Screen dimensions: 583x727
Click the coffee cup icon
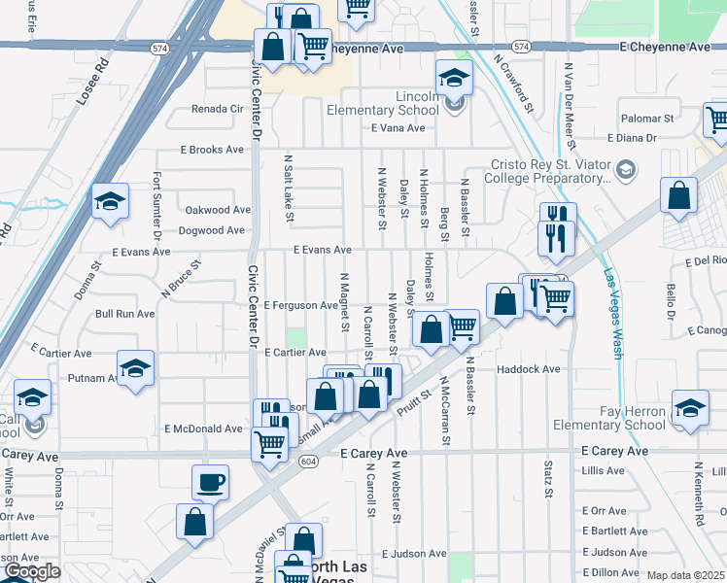point(211,481)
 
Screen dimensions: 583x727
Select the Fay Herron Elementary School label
point(609,418)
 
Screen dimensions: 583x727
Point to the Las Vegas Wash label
point(612,313)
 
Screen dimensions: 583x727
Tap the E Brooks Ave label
point(212,150)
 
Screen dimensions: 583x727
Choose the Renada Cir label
point(217,109)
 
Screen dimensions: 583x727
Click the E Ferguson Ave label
point(299,305)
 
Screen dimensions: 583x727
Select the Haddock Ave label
point(529,369)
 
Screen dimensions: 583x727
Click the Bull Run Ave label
point(124,314)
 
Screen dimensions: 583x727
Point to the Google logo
point(31,571)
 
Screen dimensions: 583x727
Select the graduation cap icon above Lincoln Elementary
point(453,78)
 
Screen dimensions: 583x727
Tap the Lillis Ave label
point(604,470)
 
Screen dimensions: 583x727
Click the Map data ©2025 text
point(686,575)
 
